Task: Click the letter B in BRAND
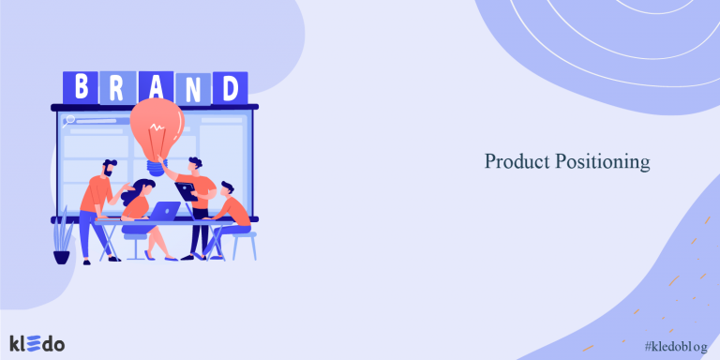click(x=81, y=87)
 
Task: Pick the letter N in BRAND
click(x=194, y=87)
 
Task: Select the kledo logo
click(x=37, y=343)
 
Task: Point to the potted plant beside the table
click(x=62, y=240)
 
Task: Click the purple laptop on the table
click(x=166, y=211)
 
